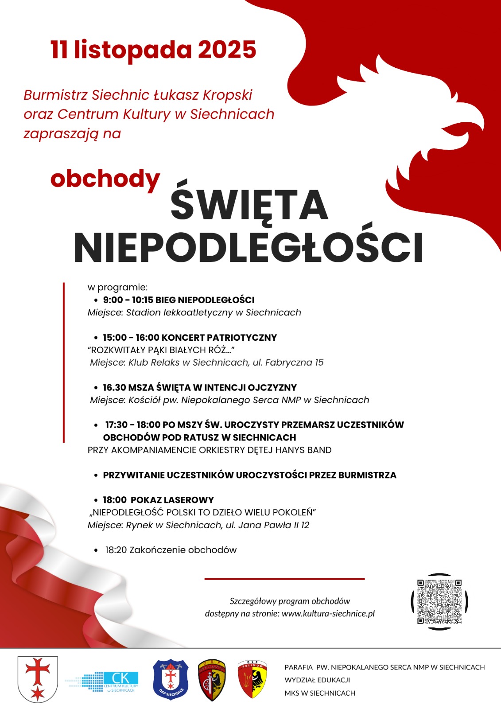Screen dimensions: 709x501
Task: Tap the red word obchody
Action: [105, 179]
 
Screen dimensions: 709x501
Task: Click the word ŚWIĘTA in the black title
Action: [249, 205]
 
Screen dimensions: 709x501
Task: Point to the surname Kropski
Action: [227, 95]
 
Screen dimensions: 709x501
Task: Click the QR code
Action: [439, 601]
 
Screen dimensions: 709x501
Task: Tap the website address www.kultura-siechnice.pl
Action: [328, 614]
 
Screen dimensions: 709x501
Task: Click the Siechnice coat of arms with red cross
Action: [38, 679]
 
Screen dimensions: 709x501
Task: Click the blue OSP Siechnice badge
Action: [171, 680]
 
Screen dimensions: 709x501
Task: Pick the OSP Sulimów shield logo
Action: [252, 679]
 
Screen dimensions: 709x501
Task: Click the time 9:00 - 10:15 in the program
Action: [128, 300]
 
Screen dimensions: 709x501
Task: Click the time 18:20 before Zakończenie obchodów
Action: [116, 550]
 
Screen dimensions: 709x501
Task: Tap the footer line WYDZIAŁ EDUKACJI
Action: [317, 680]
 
